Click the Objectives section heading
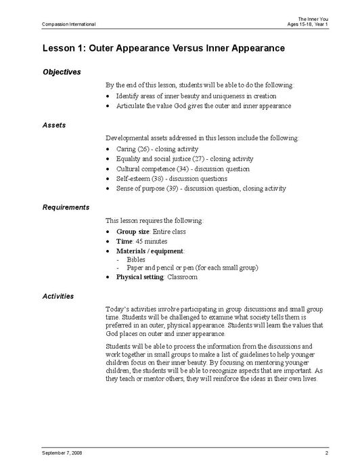pyautogui.click(x=62, y=72)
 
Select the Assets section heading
pyautogui.click(x=54, y=125)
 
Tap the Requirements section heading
pyautogui.click(x=66, y=207)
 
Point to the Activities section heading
pyautogui.click(x=58, y=296)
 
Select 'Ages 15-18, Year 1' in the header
pyautogui.click(x=308, y=24)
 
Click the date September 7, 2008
pyautogui.click(x=62, y=452)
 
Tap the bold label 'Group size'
pyautogui.click(x=133, y=231)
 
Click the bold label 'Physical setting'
pyautogui.click(x=140, y=277)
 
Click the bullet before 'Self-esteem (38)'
pyautogui.click(x=110, y=179)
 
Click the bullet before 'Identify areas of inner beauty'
pyautogui.click(x=110, y=96)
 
